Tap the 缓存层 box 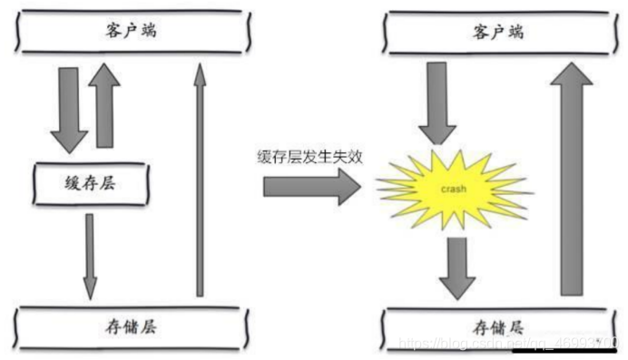coord(90,183)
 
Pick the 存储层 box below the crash coord(498,326)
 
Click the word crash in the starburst coord(454,189)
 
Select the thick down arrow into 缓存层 coord(68,109)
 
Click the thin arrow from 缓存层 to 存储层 coord(90,254)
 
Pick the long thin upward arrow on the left coord(199,181)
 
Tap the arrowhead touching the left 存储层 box coord(90,290)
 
